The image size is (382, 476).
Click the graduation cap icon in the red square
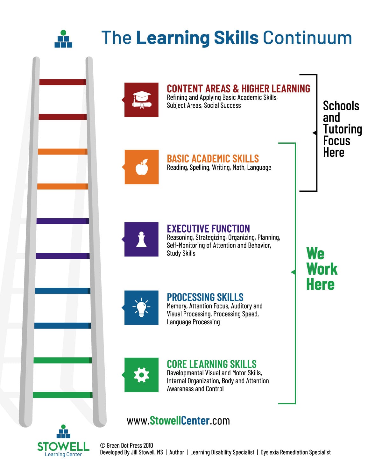pyautogui.click(x=142, y=100)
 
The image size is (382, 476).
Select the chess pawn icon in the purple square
pyautogui.click(x=141, y=239)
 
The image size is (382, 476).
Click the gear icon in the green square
pyautogui.click(x=141, y=375)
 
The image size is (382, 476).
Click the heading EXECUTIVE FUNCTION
pyautogui.click(x=208, y=229)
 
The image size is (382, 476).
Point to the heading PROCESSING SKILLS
pyautogui.click(x=205, y=297)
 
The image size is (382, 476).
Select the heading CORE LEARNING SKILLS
pyautogui.click(x=212, y=364)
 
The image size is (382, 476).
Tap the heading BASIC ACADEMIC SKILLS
pyautogui.click(x=213, y=159)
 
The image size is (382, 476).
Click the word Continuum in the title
pyautogui.click(x=307, y=38)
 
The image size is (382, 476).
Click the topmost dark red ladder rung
pyautogui.click(x=63, y=82)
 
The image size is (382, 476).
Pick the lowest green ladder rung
pyautogui.click(x=63, y=395)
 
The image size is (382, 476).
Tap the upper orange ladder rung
pyautogui.click(x=63, y=152)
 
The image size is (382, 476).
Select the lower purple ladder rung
pyautogui.click(x=63, y=256)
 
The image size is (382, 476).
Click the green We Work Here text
pyautogui.click(x=322, y=269)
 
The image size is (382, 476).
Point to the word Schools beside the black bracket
pyautogui.click(x=341, y=106)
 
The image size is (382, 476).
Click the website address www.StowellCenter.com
pyautogui.click(x=178, y=421)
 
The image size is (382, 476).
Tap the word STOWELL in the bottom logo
pyautogui.click(x=63, y=447)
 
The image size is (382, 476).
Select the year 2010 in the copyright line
pyautogui.click(x=148, y=445)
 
